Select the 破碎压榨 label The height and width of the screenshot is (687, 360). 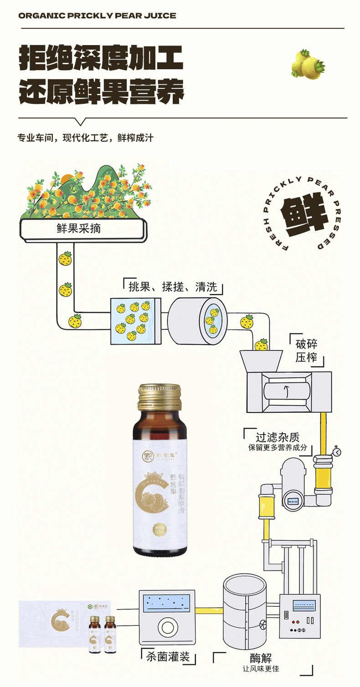306,350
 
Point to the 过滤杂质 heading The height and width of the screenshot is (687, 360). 278,437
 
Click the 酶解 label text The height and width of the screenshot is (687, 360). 261,658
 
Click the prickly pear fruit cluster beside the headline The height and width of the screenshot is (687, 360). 307,65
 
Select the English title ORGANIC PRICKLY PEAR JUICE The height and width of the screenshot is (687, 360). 97,16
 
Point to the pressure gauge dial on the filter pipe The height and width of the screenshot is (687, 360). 337,451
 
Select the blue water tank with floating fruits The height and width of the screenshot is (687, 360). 132,320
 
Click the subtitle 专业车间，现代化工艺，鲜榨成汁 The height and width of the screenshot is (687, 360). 85,138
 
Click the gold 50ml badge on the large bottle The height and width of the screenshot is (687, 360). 159,529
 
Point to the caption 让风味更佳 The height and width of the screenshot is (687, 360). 261,669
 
